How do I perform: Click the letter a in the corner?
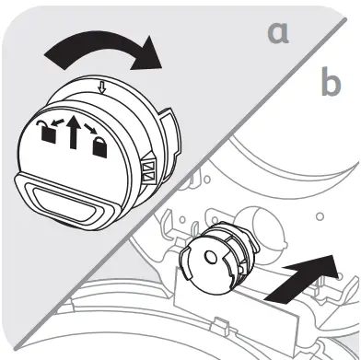(276, 34)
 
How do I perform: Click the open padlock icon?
(46, 132)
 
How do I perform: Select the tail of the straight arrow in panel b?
(271, 296)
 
